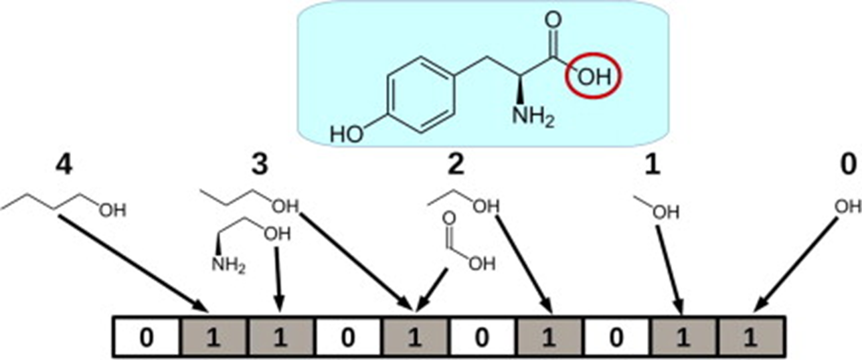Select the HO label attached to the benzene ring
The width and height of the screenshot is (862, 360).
click(347, 134)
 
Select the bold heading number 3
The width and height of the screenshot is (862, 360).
click(259, 166)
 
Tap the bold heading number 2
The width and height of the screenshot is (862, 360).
click(455, 166)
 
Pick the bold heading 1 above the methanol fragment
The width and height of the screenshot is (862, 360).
click(652, 166)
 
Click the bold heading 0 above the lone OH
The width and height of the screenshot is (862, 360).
click(849, 166)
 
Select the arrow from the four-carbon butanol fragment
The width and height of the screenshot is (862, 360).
click(134, 261)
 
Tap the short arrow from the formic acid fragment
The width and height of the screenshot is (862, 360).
click(432, 288)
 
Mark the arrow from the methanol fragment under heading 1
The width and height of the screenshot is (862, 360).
click(669, 268)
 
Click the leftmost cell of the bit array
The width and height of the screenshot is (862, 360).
click(147, 337)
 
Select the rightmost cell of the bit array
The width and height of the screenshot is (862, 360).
click(750, 337)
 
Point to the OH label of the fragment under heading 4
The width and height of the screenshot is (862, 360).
click(112, 211)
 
